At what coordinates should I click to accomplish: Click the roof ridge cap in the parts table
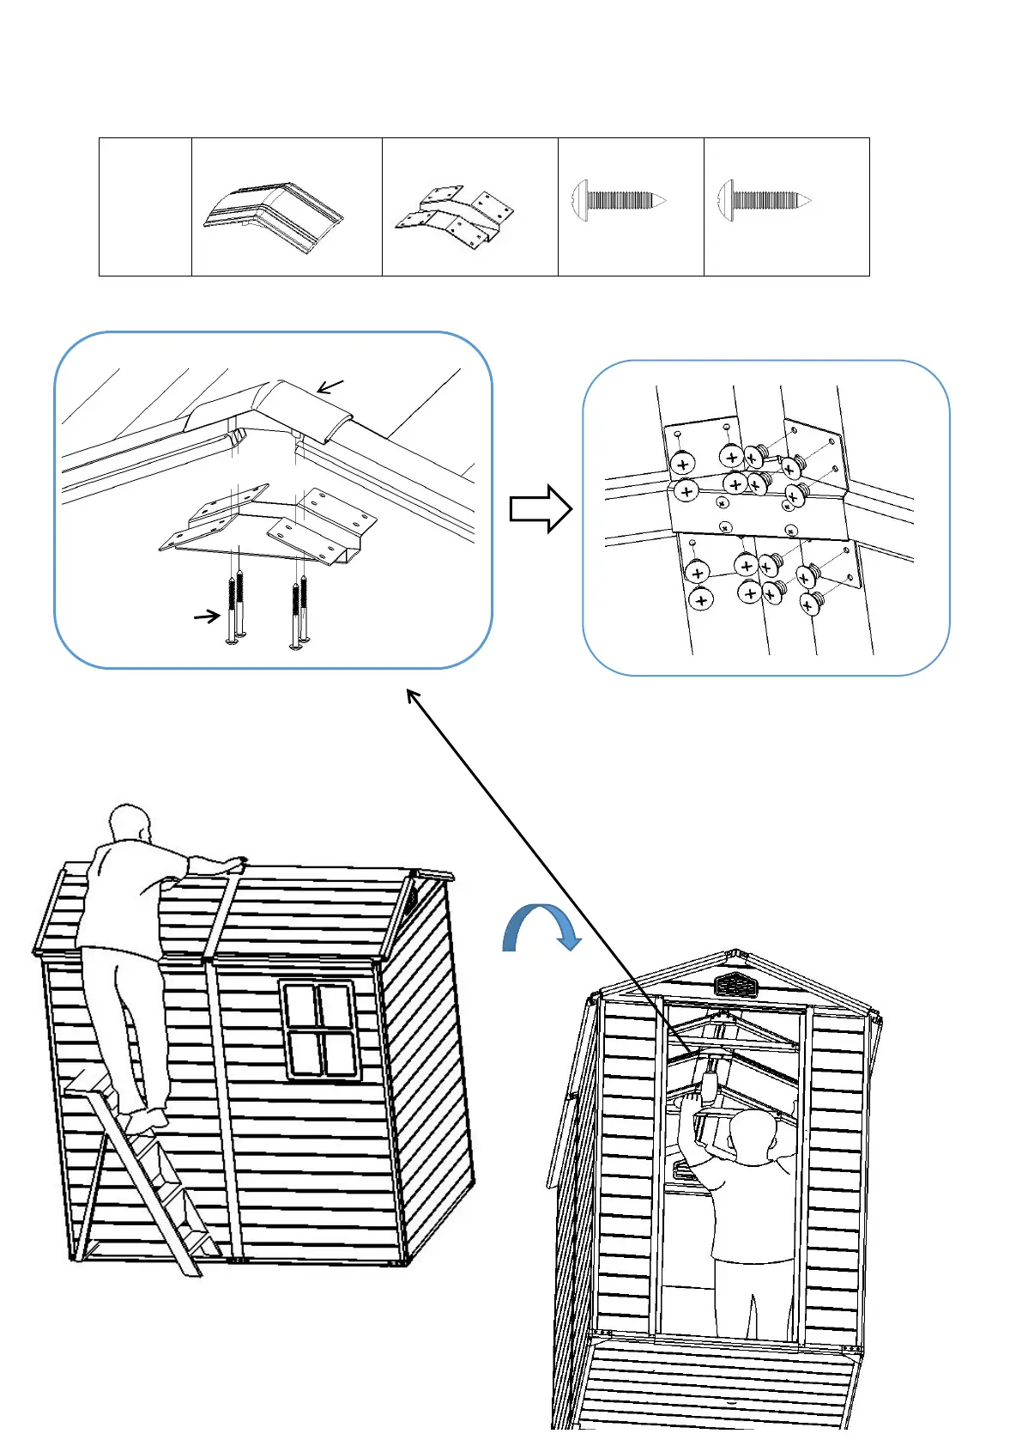(x=274, y=216)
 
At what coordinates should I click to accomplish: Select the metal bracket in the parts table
(x=456, y=217)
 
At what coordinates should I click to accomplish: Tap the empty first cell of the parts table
(x=145, y=207)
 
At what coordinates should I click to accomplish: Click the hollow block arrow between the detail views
(x=540, y=509)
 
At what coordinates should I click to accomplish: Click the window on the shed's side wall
(x=318, y=1029)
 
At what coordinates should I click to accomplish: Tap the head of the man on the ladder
(x=130, y=825)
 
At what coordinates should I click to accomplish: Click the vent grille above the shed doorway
(x=735, y=984)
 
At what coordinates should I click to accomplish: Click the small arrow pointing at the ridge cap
(x=330, y=386)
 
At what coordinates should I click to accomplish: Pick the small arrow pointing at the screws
(x=207, y=616)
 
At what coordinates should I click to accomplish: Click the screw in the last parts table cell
(x=764, y=202)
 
